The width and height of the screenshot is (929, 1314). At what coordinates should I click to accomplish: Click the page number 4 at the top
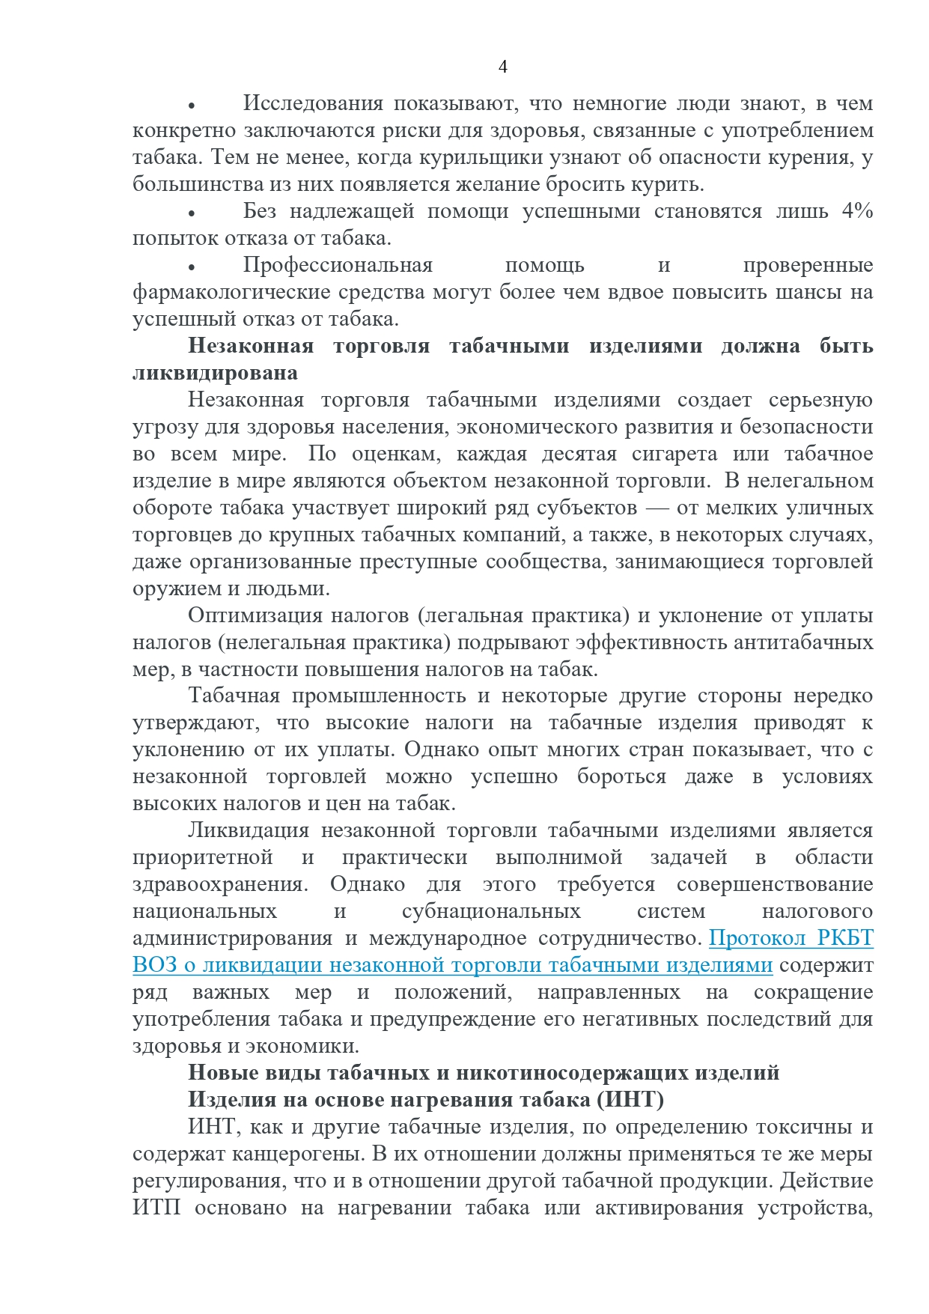coord(502,67)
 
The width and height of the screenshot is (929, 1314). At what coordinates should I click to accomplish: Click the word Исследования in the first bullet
coord(313,103)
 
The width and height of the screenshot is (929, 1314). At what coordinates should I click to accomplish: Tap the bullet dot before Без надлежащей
coord(192,213)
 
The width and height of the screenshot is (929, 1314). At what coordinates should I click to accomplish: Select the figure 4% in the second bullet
coord(857,211)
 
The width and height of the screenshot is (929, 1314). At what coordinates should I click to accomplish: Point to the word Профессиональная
coord(338,265)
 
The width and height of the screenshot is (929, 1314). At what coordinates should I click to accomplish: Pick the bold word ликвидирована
coord(215,373)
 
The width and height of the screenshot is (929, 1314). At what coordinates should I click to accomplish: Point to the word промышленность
coord(379,696)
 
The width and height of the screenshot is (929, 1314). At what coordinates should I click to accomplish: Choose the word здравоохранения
coord(219,884)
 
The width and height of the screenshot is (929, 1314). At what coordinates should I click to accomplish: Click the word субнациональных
coord(491,911)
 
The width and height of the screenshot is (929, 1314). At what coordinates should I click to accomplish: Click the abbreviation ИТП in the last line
coord(156,1208)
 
